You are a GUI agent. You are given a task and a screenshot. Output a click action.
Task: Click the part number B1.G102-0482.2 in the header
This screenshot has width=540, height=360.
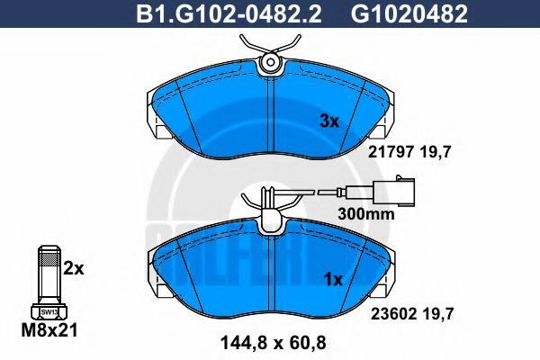pyautogui.click(x=229, y=13)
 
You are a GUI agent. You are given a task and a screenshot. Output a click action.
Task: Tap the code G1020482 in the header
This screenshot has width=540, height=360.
pyautogui.click(x=409, y=13)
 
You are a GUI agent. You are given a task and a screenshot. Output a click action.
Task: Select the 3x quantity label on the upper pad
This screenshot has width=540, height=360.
pyautogui.click(x=329, y=121)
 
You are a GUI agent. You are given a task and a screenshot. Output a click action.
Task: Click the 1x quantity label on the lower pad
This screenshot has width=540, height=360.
pyautogui.click(x=334, y=280)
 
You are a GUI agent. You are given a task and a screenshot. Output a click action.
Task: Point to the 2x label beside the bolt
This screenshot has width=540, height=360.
pyautogui.click(x=74, y=269)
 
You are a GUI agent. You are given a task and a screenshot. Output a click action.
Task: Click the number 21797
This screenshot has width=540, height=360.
pyautogui.click(x=390, y=151)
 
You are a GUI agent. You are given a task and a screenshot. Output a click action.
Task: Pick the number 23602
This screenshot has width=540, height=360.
pyautogui.click(x=394, y=314)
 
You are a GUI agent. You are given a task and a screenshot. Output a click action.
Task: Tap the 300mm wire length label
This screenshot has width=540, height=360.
pyautogui.click(x=365, y=214)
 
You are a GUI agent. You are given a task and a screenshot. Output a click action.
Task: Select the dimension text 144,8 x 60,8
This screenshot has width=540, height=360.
pyautogui.click(x=273, y=343)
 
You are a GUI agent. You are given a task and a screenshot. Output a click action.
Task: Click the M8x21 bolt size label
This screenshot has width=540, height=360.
pyautogui.click(x=49, y=330)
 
